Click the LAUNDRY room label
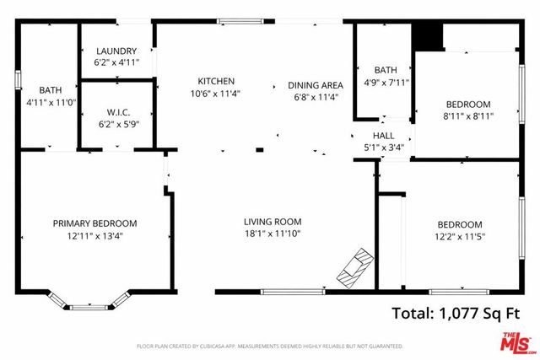[x=116, y=51]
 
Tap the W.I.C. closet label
[x=116, y=112]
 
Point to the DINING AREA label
[x=315, y=85]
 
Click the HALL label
[x=384, y=136]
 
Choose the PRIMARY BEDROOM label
[x=94, y=223]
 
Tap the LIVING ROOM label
[x=273, y=222]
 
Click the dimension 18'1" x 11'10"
[x=273, y=234]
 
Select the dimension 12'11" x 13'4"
[x=94, y=235]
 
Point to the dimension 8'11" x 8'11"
[x=468, y=116]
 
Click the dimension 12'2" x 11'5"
[x=460, y=236]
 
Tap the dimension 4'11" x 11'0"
[x=49, y=102]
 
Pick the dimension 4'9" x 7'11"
[x=386, y=82]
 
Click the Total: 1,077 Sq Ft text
[x=456, y=313]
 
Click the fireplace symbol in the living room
[x=353, y=266]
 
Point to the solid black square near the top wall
[x=427, y=37]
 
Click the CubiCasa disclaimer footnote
[x=270, y=347]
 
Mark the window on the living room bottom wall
[x=292, y=292]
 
